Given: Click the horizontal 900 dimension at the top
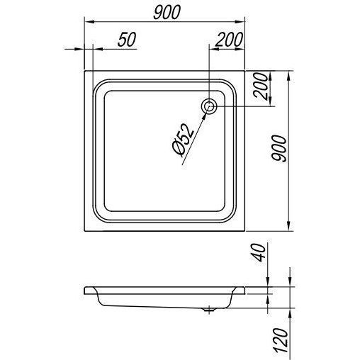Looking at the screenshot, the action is pos(167,12).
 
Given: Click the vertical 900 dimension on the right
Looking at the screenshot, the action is pos(279,149).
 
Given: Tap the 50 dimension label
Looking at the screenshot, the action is pos(127,40).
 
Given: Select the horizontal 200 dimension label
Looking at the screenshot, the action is pos(229,40).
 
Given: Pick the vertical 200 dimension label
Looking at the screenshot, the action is pos(260,86).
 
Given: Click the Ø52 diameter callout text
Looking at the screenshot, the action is pos(183,140).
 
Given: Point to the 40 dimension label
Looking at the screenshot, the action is pos(259,253).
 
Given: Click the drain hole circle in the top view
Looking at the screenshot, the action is pos(208,107).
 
